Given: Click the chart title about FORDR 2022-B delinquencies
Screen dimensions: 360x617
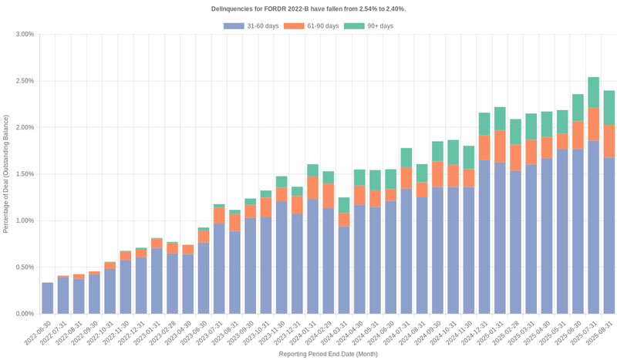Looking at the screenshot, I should [x=308, y=8].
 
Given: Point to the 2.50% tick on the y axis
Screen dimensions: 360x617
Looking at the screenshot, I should [x=23, y=81].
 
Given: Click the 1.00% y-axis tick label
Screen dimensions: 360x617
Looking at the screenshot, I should [x=23, y=220].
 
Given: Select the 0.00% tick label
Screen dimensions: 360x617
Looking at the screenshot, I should [x=23, y=314].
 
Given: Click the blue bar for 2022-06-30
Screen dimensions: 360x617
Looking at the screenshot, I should [x=48, y=298].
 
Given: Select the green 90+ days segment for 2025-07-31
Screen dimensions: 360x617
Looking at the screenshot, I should [x=593, y=93].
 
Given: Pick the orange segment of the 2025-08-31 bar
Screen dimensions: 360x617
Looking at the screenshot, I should [x=609, y=141].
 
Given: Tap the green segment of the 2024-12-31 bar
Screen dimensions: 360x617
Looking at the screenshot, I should [x=484, y=124].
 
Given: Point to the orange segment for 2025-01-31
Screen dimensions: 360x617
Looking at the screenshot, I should [x=500, y=146].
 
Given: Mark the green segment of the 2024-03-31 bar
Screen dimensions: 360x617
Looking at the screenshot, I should [x=344, y=205].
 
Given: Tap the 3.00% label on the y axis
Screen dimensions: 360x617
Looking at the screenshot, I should [x=23, y=35].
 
